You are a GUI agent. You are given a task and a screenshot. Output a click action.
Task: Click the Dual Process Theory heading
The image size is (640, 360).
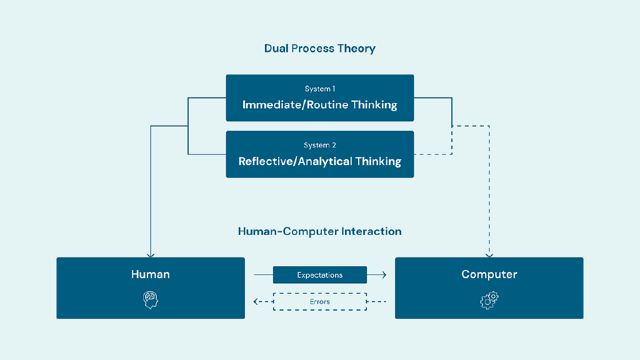pos(319,48)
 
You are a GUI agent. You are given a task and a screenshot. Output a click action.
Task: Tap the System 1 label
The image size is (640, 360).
pos(319,89)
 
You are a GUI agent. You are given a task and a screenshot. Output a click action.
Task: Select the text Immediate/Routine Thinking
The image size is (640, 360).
pos(319,104)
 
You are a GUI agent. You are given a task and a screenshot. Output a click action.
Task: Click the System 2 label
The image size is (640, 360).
pos(319,145)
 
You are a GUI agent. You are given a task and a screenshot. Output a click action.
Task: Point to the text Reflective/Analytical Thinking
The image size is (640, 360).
pos(319,161)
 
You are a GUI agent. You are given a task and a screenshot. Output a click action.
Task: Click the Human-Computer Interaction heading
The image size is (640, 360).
pos(319,231)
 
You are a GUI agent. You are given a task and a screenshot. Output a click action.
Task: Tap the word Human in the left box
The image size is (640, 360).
pos(150,274)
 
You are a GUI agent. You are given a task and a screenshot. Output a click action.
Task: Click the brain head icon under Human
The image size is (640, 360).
pos(150,300)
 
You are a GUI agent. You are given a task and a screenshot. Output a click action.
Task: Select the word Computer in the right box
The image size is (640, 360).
pos(489,274)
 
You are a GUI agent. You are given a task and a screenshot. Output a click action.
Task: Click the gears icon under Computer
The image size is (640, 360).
pos(489,300)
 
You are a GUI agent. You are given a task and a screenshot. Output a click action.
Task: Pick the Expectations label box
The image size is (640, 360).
pos(319,275)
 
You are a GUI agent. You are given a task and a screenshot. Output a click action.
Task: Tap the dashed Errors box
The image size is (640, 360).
pos(319,302)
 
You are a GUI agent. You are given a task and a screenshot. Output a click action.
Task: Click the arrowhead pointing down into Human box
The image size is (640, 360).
pos(151,254)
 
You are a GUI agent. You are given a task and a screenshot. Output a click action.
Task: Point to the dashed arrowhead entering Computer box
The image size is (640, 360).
pos(489,254)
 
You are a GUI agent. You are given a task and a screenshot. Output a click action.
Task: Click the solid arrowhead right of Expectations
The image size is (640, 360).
pos(383,275)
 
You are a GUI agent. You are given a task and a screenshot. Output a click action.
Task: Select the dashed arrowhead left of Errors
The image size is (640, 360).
pos(256,302)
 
